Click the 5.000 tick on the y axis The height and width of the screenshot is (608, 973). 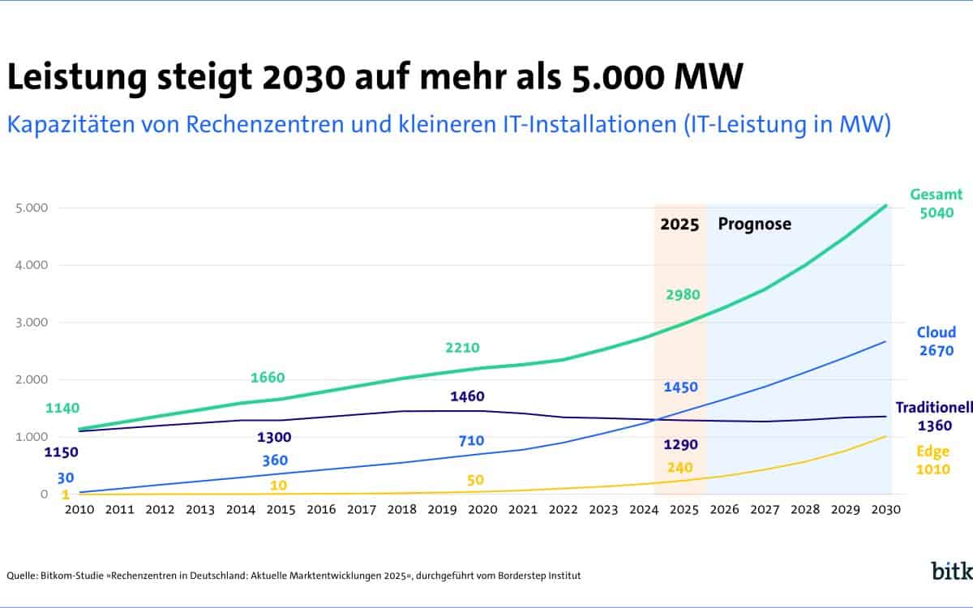pos(32,208)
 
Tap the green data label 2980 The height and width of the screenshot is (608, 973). pos(683,294)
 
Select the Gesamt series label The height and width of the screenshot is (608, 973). pos(936,195)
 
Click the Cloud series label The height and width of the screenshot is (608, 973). pos(936,332)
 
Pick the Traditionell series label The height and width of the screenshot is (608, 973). pos(933,407)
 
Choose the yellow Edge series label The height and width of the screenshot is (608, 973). pos(933,452)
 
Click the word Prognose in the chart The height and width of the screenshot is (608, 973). pos(754,225)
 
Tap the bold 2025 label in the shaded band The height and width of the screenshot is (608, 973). pos(679,225)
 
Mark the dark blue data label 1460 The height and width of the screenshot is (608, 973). pos(466,396)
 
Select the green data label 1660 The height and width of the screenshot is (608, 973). pos(268,377)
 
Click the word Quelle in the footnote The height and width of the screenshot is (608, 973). pos(23,576)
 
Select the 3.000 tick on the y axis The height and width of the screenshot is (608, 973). pos(32,323)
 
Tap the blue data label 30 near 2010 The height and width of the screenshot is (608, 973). pos(66,477)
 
